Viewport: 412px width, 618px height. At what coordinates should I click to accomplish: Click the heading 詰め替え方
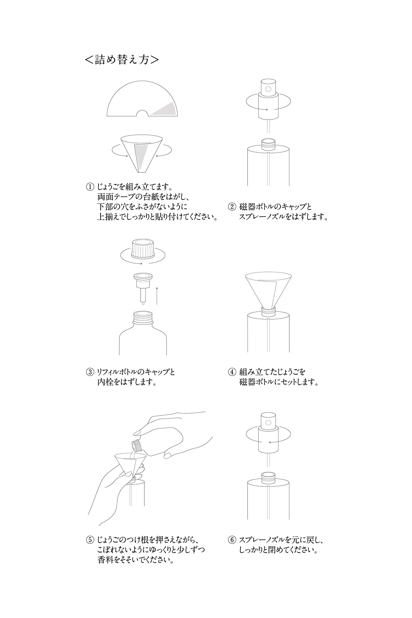(122, 60)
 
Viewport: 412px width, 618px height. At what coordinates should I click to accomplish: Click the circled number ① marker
(89, 187)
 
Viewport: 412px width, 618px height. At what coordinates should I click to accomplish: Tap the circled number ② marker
(232, 206)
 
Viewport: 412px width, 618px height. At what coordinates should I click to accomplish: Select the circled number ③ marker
(89, 372)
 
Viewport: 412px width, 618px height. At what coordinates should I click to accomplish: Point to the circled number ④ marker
(232, 372)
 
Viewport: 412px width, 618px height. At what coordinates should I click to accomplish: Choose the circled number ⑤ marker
(89, 540)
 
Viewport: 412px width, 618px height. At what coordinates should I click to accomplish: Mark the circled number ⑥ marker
(232, 540)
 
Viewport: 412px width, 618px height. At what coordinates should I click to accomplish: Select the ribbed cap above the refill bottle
(143, 249)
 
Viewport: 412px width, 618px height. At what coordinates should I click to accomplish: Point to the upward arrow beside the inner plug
(157, 295)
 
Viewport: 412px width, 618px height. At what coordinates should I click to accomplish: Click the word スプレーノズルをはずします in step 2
(283, 217)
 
